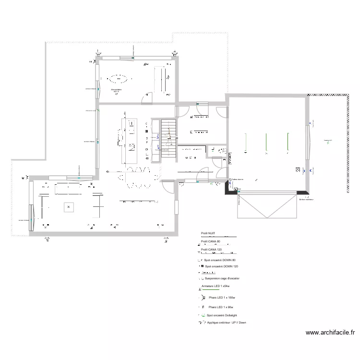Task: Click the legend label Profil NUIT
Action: [x=208, y=233]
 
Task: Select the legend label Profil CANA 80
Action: [x=210, y=241]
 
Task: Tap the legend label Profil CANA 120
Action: [x=211, y=250]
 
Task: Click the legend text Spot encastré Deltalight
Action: [x=221, y=315]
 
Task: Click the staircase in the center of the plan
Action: [x=168, y=137]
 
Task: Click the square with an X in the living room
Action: [x=69, y=207]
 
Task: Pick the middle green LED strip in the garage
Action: [x=266, y=141]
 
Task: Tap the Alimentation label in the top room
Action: [x=116, y=90]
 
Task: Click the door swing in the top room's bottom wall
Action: [x=147, y=98]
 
